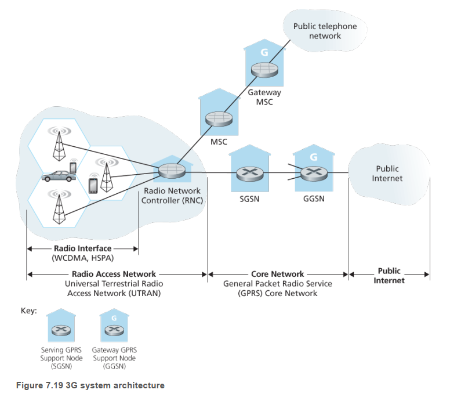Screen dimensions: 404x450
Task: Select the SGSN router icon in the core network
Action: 250,172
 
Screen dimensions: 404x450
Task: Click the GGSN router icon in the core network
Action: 314,172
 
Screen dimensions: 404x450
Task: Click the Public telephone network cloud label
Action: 325,31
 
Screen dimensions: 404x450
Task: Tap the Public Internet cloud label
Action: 387,174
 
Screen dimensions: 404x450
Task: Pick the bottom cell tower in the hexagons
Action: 57,208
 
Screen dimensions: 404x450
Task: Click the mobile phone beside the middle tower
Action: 92,185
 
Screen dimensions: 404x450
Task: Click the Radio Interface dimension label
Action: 83,248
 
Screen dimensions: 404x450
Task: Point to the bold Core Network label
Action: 278,274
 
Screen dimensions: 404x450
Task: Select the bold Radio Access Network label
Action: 114,274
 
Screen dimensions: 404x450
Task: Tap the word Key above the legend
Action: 29,311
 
